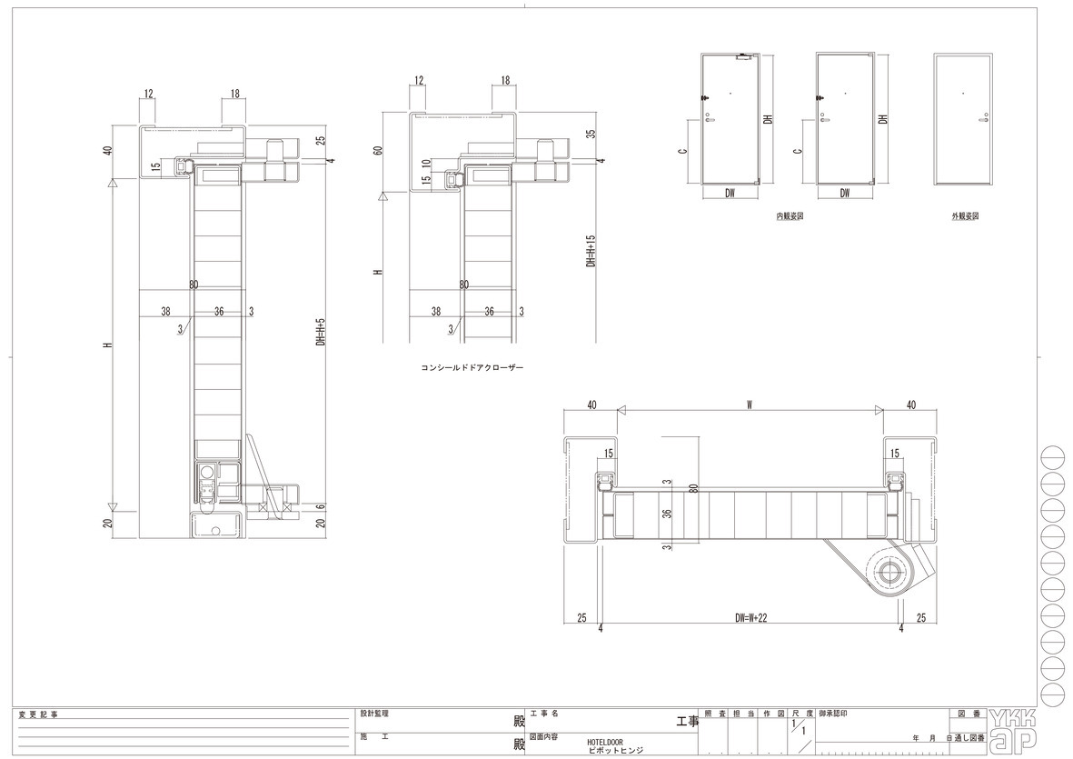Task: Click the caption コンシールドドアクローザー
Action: pos(472,367)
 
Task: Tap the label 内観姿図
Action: pos(789,215)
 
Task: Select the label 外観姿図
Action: pos(965,215)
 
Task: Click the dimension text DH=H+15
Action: pos(591,251)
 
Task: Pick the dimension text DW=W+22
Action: pos(750,617)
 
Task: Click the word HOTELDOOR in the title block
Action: pos(605,742)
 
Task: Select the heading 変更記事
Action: pos(38,714)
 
